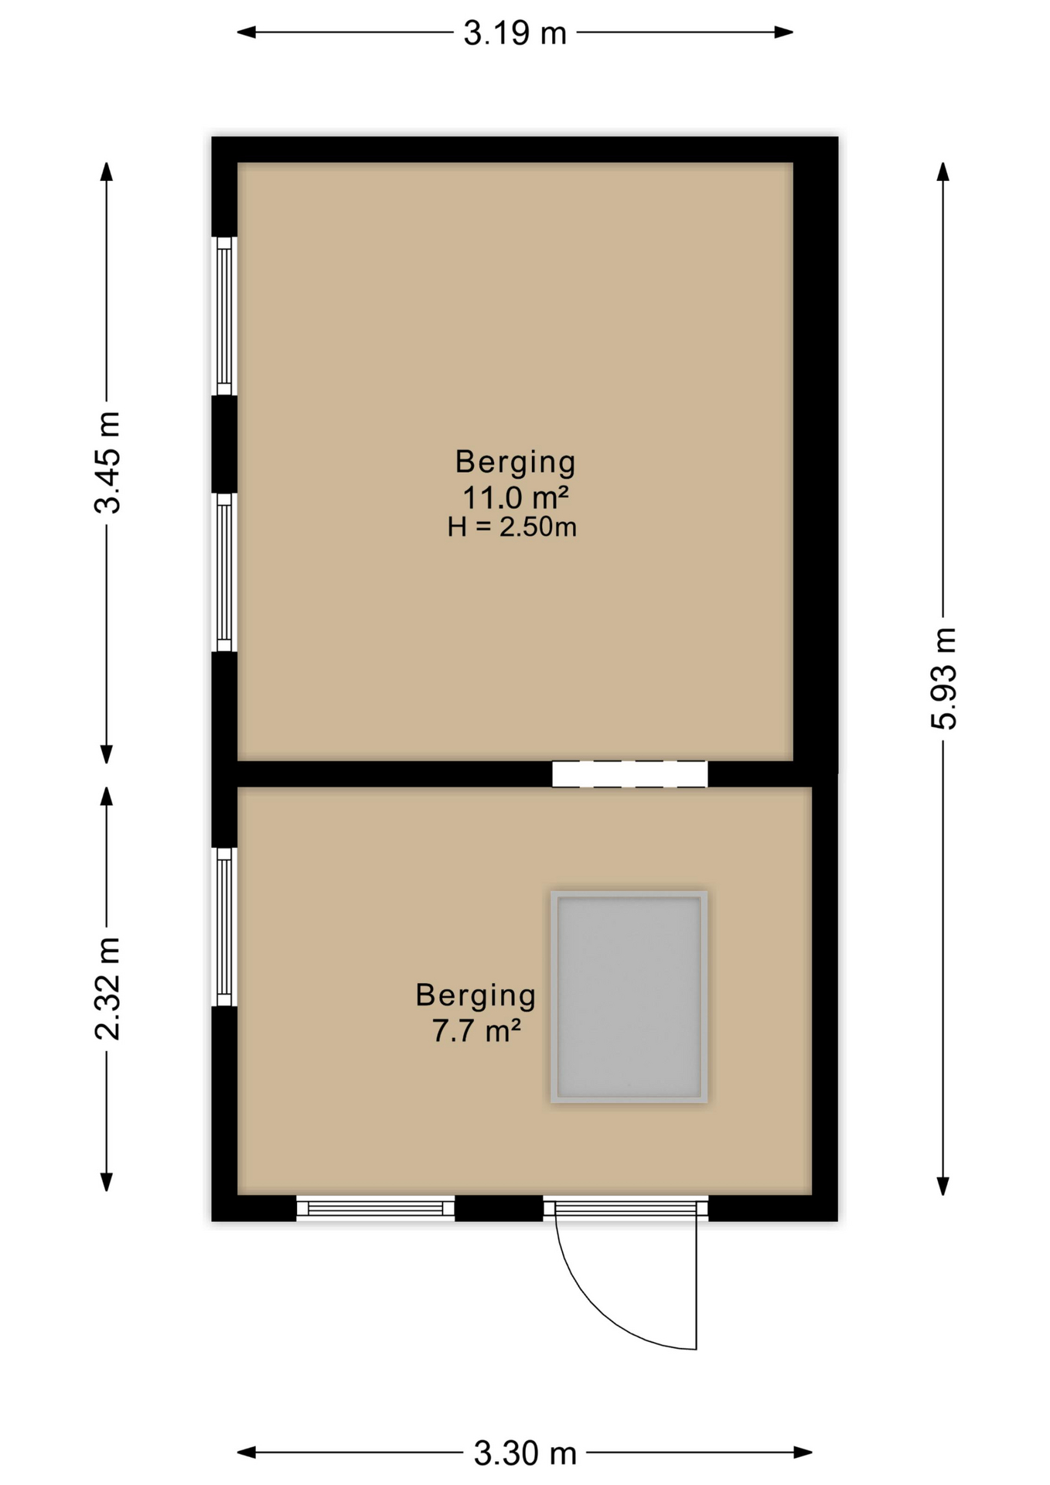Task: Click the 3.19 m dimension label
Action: point(515,33)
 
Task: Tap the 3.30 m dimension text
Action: point(525,1453)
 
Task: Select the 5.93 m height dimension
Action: point(943,678)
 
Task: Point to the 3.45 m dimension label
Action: point(107,463)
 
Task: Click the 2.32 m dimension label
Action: point(107,988)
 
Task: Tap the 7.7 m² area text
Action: point(476,1031)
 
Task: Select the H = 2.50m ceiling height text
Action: point(512,527)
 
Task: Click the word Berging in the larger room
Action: point(515,462)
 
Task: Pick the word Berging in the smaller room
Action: point(476,995)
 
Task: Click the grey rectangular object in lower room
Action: point(629,996)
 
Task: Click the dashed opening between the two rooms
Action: point(629,774)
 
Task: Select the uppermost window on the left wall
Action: point(224,316)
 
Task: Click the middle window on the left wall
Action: point(224,572)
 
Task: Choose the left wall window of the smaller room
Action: point(224,927)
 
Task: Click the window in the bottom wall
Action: point(375,1208)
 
